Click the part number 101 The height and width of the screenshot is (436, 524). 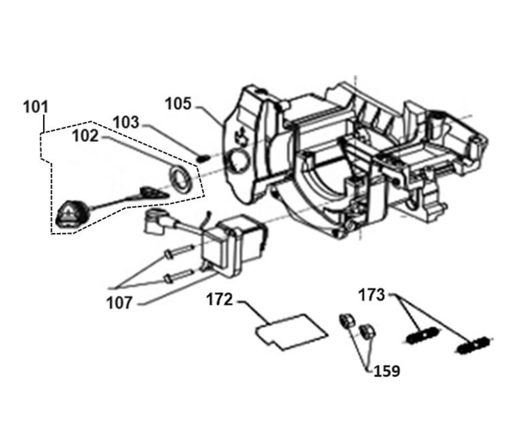36,107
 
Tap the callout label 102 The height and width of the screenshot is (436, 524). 85,136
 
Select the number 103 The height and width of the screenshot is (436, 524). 126,122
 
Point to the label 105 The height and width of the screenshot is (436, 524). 178,104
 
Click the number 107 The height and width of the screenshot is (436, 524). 119,303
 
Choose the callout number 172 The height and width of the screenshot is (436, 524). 220,300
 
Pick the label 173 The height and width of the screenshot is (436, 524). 372,294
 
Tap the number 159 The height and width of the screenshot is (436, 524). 387,371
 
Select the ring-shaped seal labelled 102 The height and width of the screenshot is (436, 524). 181,180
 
